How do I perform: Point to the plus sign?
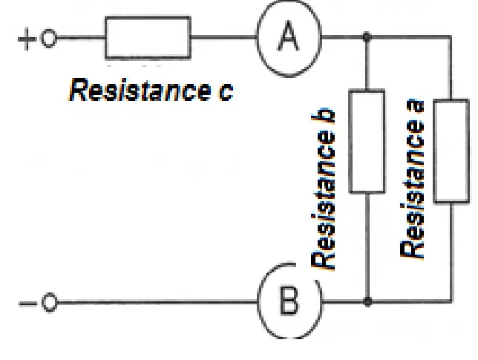(27, 39)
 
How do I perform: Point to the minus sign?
(27, 304)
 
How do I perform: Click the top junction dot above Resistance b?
(367, 37)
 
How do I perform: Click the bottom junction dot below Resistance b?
(367, 301)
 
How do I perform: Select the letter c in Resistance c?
(226, 91)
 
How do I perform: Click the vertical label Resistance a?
(412, 179)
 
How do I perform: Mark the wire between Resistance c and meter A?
(223, 37)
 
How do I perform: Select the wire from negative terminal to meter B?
(157, 302)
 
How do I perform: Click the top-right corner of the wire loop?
(451, 37)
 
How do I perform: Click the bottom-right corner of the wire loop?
(451, 301)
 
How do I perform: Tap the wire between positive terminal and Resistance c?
(81, 38)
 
